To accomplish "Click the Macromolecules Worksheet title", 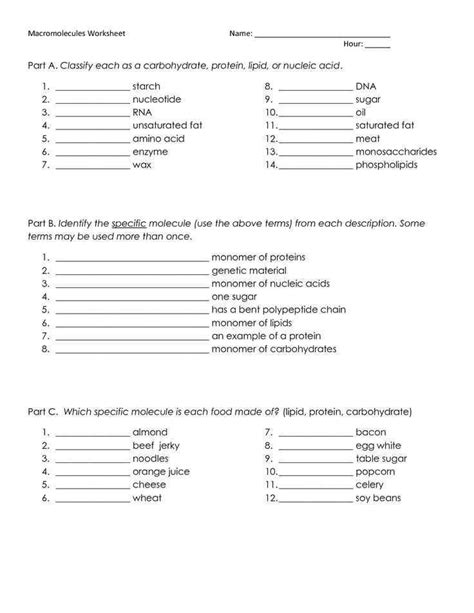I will (x=71, y=34).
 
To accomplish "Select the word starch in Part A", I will (x=146, y=87).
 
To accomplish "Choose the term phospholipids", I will (x=386, y=165).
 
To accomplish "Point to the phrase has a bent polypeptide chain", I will (x=279, y=310).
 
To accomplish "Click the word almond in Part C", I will (x=150, y=432).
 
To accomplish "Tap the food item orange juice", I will (x=160, y=471).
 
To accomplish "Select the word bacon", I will (x=370, y=432).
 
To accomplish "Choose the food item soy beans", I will (x=378, y=497).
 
